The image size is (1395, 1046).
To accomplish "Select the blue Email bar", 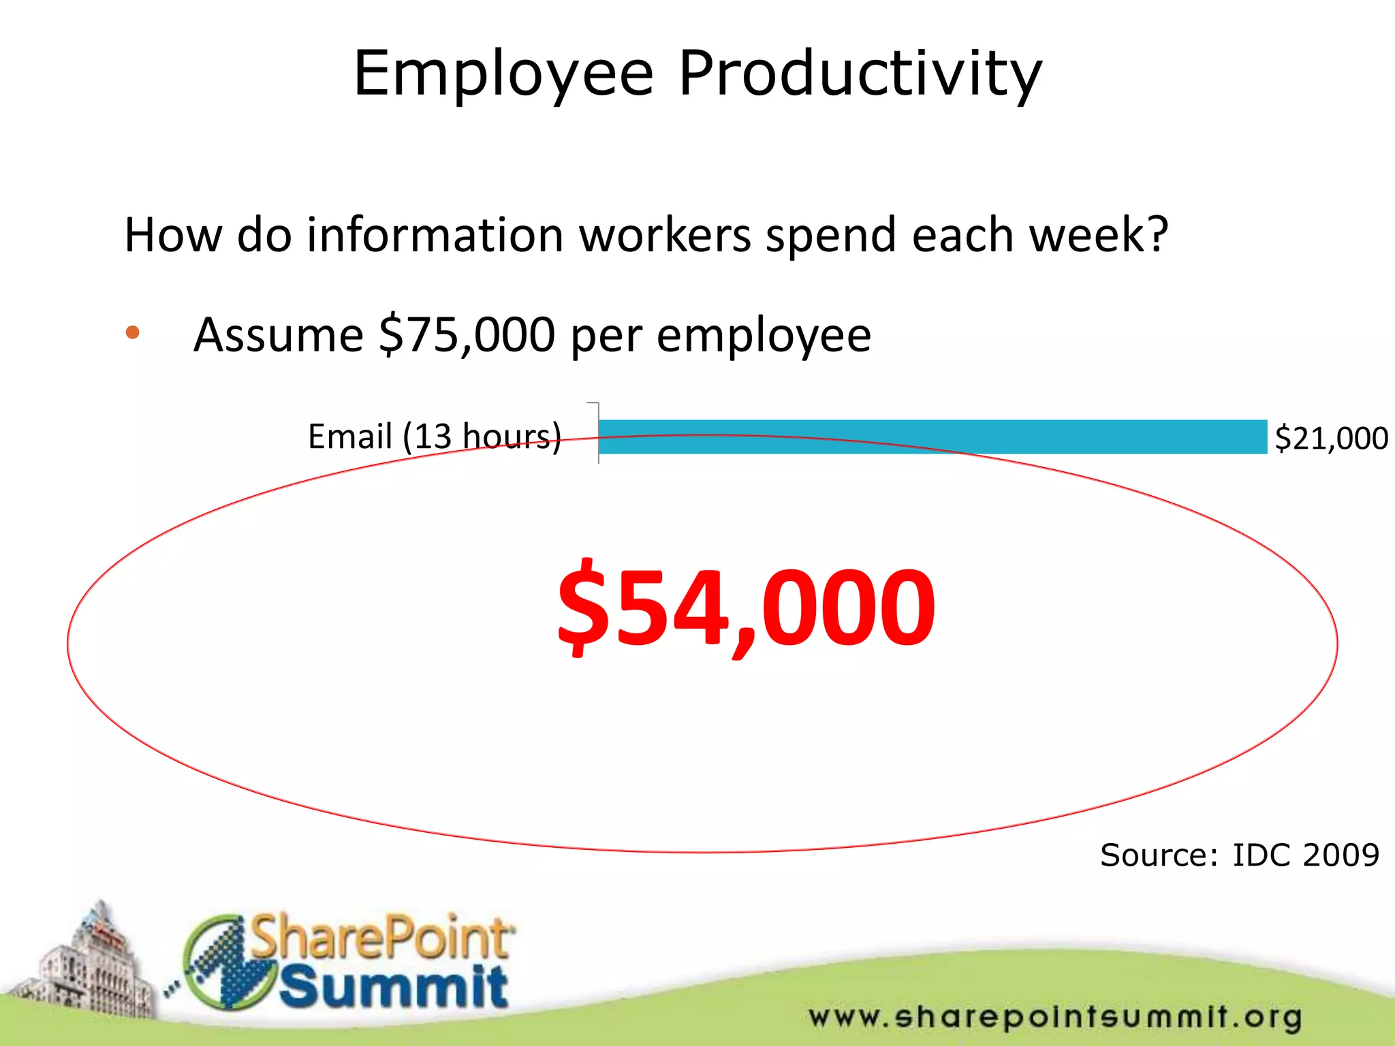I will click(x=932, y=437).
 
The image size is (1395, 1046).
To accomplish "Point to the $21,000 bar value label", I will click(x=1331, y=438).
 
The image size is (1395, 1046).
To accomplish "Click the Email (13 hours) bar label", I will click(x=435, y=437).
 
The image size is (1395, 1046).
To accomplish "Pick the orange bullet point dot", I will click(x=133, y=333).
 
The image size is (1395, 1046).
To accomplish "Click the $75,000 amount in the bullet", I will click(x=467, y=334).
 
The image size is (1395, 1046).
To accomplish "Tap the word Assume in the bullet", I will click(x=279, y=334).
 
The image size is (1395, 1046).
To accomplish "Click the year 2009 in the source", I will click(x=1340, y=855).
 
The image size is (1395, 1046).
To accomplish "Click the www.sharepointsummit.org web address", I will click(x=1055, y=1017).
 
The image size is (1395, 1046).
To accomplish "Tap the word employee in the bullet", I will click(x=764, y=336).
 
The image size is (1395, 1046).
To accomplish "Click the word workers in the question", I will click(x=665, y=235).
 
